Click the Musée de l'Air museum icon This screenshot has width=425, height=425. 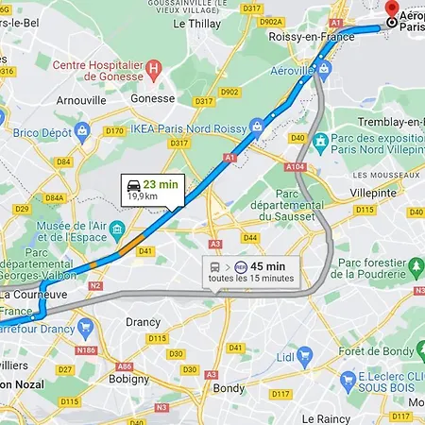[x=117, y=229]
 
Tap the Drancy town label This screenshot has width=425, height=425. [x=143, y=321]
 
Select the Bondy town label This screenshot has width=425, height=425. [x=229, y=387]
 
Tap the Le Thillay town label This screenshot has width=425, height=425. [x=197, y=25]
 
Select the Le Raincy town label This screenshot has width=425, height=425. [x=326, y=417]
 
